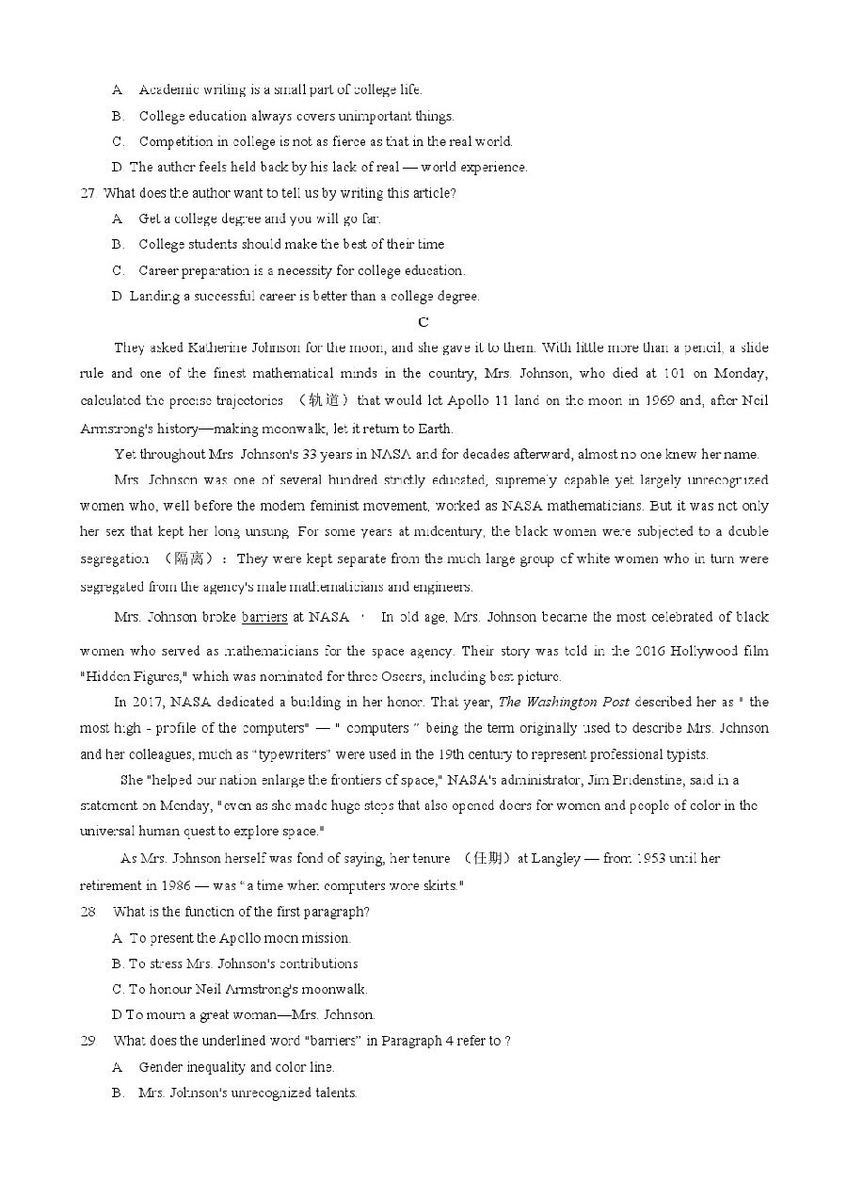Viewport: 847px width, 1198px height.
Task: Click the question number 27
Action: coord(88,193)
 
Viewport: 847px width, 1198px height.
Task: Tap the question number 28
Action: coord(88,912)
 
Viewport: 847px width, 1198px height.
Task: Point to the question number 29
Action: coord(88,1041)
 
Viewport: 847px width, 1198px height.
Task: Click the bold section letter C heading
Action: coord(423,322)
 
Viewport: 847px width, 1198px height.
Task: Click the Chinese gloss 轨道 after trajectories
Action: coord(323,400)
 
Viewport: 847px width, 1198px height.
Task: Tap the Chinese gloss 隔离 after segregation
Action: coord(189,559)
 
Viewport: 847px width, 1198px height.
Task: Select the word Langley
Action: coord(561,859)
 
